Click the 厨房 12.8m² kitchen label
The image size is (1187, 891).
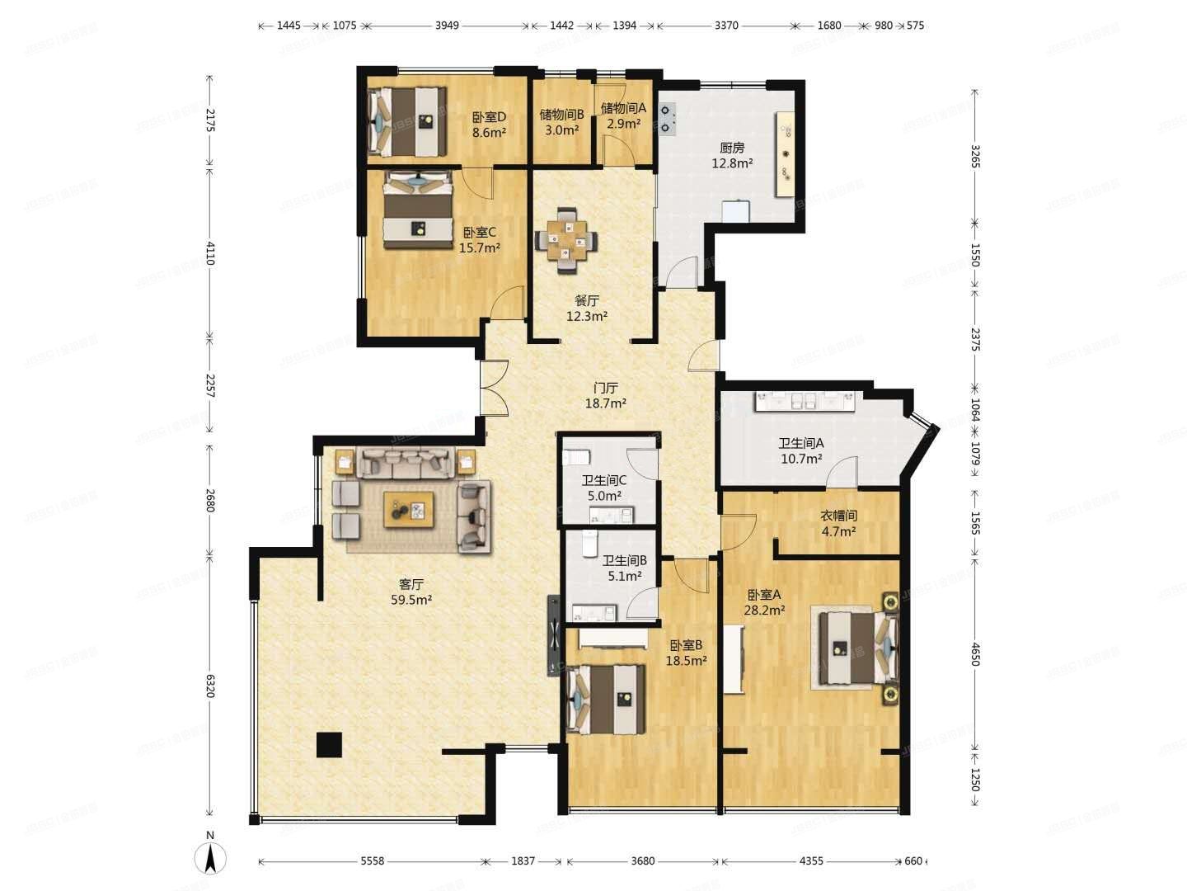click(732, 155)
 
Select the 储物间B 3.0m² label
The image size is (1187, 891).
click(561, 123)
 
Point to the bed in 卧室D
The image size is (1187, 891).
click(407, 122)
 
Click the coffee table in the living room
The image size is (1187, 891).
click(408, 509)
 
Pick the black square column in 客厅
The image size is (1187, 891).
click(329, 744)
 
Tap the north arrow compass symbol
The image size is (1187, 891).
click(210, 859)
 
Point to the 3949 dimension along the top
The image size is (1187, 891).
click(447, 26)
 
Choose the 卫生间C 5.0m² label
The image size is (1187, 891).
click(604, 488)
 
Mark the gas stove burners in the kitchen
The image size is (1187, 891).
click(666, 120)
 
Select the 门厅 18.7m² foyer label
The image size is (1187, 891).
click(606, 395)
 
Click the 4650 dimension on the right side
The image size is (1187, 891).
click(974, 654)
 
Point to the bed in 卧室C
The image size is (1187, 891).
click(418, 210)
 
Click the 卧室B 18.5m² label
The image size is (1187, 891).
click(687, 653)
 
